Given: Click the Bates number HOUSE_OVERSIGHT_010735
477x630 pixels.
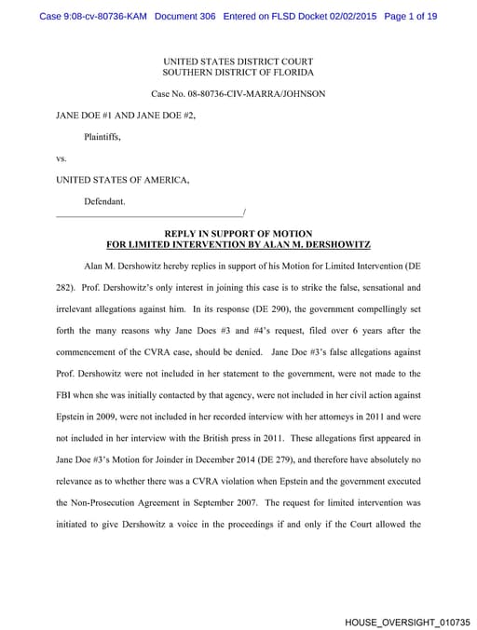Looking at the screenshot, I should tap(407, 621).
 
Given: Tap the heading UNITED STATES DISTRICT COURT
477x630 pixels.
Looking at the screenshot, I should tap(238, 61).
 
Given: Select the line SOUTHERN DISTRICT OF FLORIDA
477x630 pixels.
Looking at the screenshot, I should tap(238, 72).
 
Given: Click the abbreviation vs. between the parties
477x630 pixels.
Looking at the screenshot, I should tap(61, 158).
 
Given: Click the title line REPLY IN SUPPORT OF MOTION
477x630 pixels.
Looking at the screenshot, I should tap(238, 233).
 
